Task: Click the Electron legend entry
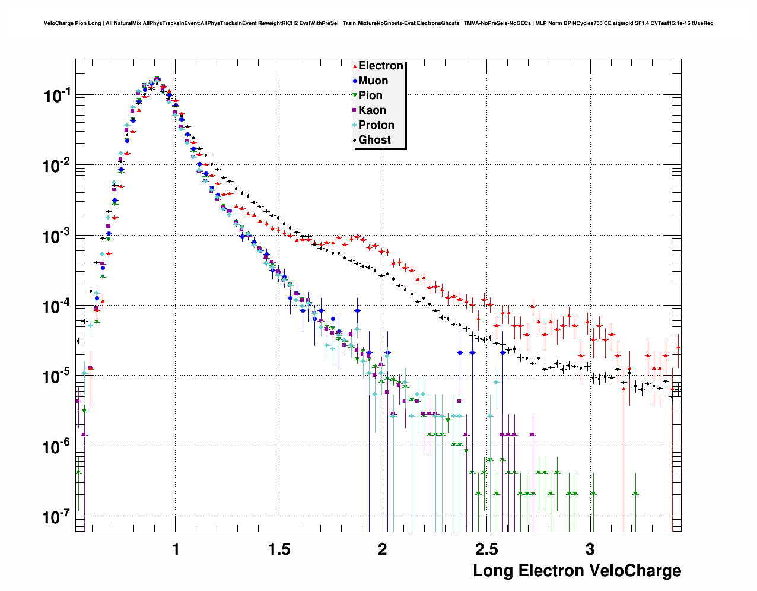380,66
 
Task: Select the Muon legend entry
373,81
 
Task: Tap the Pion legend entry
370,96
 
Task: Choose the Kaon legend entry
372,110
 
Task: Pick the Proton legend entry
376,125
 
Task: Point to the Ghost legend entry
374,140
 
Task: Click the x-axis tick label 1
176,549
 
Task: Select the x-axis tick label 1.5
279,549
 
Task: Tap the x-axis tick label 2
383,549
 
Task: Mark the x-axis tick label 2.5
486,549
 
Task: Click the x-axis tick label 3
590,549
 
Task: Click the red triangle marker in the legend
355,66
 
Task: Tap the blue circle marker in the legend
355,81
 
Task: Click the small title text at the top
378,23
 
